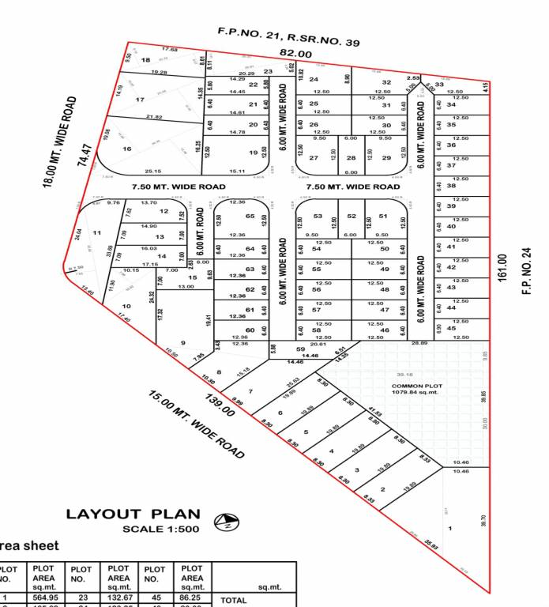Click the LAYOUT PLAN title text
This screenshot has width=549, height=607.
click(x=133, y=514)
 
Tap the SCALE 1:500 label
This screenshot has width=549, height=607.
click(x=161, y=529)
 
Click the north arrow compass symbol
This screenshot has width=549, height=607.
click(x=227, y=521)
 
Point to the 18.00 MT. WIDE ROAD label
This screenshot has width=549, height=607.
click(x=59, y=142)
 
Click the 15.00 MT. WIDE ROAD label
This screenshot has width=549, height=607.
click(x=196, y=424)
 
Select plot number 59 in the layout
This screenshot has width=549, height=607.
click(x=300, y=349)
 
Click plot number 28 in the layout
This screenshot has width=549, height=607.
click(x=352, y=158)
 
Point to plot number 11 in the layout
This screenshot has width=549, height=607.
click(x=96, y=232)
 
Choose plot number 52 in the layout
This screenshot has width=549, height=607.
click(x=352, y=216)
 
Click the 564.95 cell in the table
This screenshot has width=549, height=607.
click(x=43, y=598)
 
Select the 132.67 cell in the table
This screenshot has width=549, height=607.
click(x=118, y=598)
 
